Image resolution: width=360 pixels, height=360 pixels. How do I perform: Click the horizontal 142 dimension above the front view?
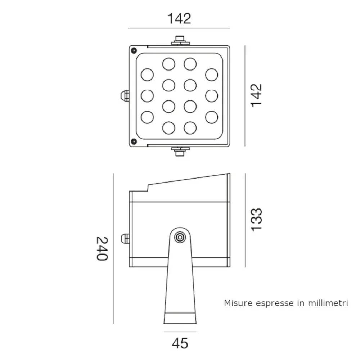coord(179,18)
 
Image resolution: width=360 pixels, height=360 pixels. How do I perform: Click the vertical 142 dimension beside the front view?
coord(257,95)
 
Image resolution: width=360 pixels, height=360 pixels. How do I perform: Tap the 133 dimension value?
coord(257,219)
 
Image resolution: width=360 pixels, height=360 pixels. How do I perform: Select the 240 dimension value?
coord(102,248)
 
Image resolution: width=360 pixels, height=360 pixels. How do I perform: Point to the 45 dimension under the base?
coord(180,343)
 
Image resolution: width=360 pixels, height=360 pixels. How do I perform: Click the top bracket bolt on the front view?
coord(180,40)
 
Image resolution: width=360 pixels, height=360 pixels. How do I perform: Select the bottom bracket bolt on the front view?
coord(180,151)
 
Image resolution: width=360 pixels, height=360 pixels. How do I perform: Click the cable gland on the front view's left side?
coord(124,96)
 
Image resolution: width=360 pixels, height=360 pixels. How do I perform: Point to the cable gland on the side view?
coord(125,239)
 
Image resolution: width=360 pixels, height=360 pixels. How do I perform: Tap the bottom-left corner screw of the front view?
coord(134,141)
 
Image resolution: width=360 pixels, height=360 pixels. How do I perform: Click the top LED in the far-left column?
coord(147,75)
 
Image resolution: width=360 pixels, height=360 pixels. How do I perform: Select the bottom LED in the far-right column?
coord(212,117)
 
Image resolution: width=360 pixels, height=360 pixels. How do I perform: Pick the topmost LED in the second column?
coord(168,64)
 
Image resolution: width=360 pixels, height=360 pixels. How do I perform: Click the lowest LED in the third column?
coord(190,127)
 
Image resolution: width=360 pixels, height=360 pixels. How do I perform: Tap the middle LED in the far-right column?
coord(212,96)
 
